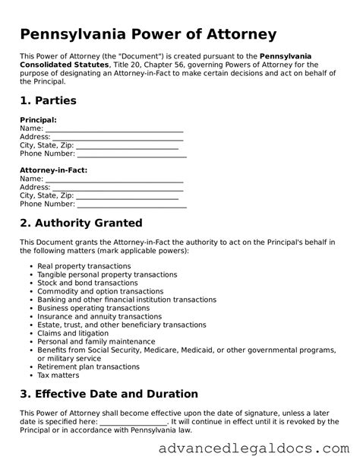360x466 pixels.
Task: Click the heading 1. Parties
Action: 48,100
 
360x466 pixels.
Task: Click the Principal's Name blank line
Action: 114,129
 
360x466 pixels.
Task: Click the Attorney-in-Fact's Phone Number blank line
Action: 132,204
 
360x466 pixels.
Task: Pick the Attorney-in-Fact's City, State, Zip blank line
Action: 129,196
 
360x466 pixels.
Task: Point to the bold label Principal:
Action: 38,120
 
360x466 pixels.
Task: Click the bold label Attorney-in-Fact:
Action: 53,170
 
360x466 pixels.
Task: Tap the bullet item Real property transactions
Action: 84,266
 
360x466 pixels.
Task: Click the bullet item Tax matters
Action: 58,375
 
